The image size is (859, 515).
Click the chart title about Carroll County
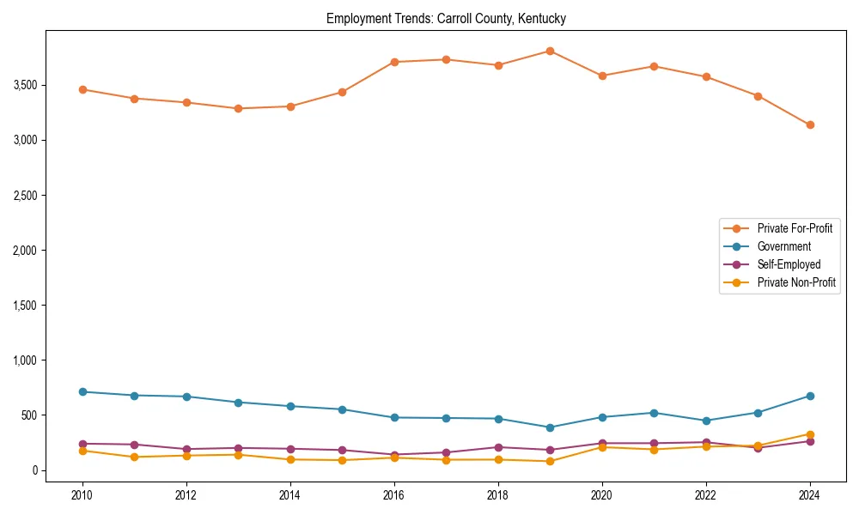tap(446, 18)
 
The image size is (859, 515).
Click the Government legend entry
tap(783, 246)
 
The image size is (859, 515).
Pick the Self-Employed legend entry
tap(789, 264)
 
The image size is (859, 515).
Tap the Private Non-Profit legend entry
tap(796, 282)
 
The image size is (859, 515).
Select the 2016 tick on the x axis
tap(393, 496)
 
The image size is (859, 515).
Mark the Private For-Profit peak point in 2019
tap(550, 51)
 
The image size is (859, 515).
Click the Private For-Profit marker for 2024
tap(810, 124)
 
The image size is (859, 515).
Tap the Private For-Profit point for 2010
tap(82, 89)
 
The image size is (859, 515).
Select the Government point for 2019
tap(550, 427)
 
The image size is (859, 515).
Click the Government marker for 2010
tap(82, 391)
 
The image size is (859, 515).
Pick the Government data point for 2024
tap(810, 396)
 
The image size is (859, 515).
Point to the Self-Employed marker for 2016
tap(393, 455)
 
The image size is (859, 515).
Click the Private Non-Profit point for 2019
tap(550, 461)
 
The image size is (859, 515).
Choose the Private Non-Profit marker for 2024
tap(810, 434)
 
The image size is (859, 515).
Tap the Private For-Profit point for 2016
tap(393, 62)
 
